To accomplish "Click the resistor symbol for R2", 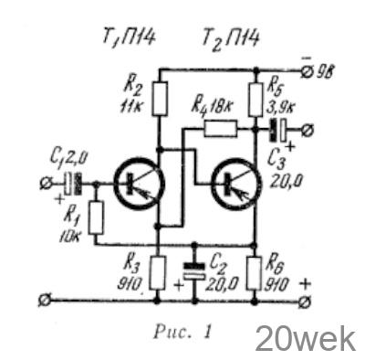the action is click(x=160, y=99).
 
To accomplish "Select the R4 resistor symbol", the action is click(x=220, y=128).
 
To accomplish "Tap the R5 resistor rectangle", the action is click(x=255, y=99).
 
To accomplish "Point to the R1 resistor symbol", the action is click(x=96, y=217).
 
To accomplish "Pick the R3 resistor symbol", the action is click(x=158, y=272).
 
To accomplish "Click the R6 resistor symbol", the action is click(x=254, y=273).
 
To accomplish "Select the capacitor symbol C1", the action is click(x=74, y=184).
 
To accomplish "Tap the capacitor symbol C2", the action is click(x=194, y=270).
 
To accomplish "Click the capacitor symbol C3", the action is click(x=277, y=130).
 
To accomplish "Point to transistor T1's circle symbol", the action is click(x=139, y=184).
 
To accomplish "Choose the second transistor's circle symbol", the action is click(x=235, y=184).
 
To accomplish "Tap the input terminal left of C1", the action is click(x=46, y=184).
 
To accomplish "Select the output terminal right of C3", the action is click(x=308, y=130).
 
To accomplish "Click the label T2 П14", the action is click(x=231, y=39).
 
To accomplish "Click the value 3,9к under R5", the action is click(x=281, y=107).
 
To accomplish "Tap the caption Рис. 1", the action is click(x=182, y=331).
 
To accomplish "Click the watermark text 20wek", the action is click(x=306, y=339).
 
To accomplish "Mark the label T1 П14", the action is click(x=129, y=38).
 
